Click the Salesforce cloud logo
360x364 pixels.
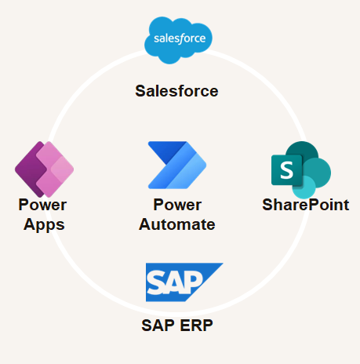(x=178, y=40)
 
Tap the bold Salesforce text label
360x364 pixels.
(x=176, y=91)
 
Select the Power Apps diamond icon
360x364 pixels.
(x=44, y=169)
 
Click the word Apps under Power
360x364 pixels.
(x=44, y=225)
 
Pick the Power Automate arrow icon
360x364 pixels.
(x=177, y=165)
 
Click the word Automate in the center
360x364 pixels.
(x=177, y=224)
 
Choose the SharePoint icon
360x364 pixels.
(x=301, y=169)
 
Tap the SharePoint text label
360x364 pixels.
(x=306, y=205)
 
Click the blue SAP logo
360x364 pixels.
(x=184, y=282)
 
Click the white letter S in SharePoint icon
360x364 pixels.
(x=286, y=170)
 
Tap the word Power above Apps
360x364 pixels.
(x=42, y=205)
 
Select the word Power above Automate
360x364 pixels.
(x=177, y=205)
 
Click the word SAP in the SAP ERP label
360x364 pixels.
(x=158, y=326)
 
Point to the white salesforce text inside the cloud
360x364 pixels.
(x=180, y=38)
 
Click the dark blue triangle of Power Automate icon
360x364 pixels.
(x=167, y=151)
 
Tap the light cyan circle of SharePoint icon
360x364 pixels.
(x=304, y=187)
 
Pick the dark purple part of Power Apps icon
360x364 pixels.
(x=30, y=170)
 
